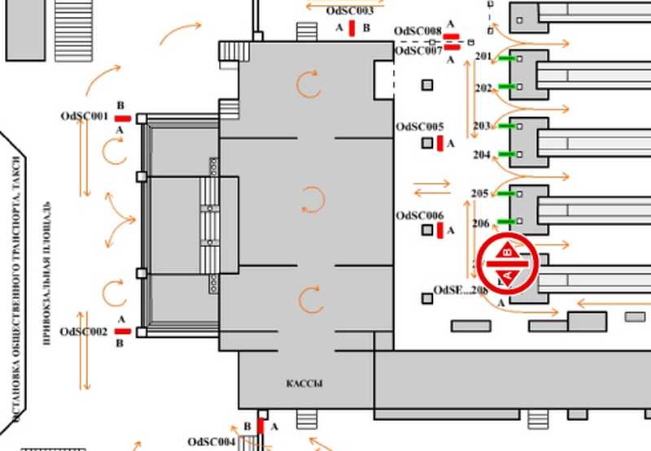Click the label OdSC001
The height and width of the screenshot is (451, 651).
85,116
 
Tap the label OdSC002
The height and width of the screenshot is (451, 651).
85,332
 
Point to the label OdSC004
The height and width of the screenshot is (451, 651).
212,441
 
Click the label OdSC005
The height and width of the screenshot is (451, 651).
420,127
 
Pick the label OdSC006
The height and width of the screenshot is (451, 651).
420,215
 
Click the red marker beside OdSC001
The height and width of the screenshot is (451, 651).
122,119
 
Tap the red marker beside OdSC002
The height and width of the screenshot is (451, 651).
122,332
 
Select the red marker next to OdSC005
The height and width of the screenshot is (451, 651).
440,144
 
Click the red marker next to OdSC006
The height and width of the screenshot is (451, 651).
440,232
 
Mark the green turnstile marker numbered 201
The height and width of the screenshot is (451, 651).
508,59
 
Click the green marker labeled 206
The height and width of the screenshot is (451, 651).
508,222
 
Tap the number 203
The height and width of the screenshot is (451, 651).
482,126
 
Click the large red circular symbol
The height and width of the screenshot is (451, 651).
508,264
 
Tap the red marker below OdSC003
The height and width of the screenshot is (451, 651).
352,28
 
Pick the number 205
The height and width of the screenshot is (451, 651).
480,193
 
